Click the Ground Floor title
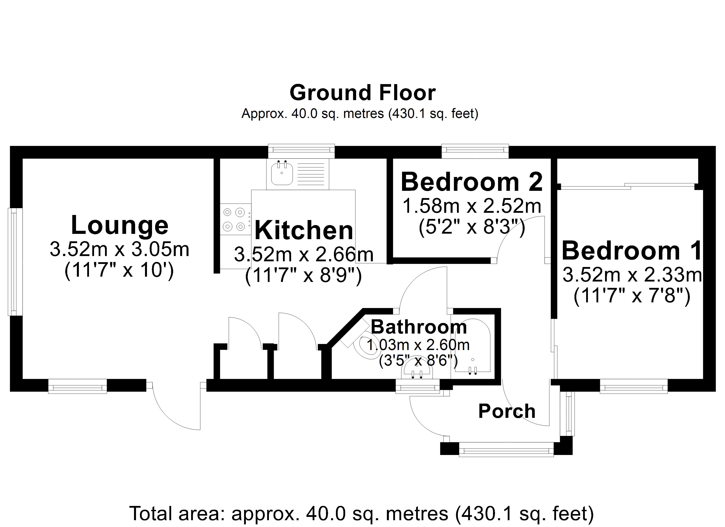(x=362, y=93)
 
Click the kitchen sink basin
(x=282, y=174)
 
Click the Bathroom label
(x=419, y=327)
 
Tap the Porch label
(x=507, y=411)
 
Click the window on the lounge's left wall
(x=15, y=262)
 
